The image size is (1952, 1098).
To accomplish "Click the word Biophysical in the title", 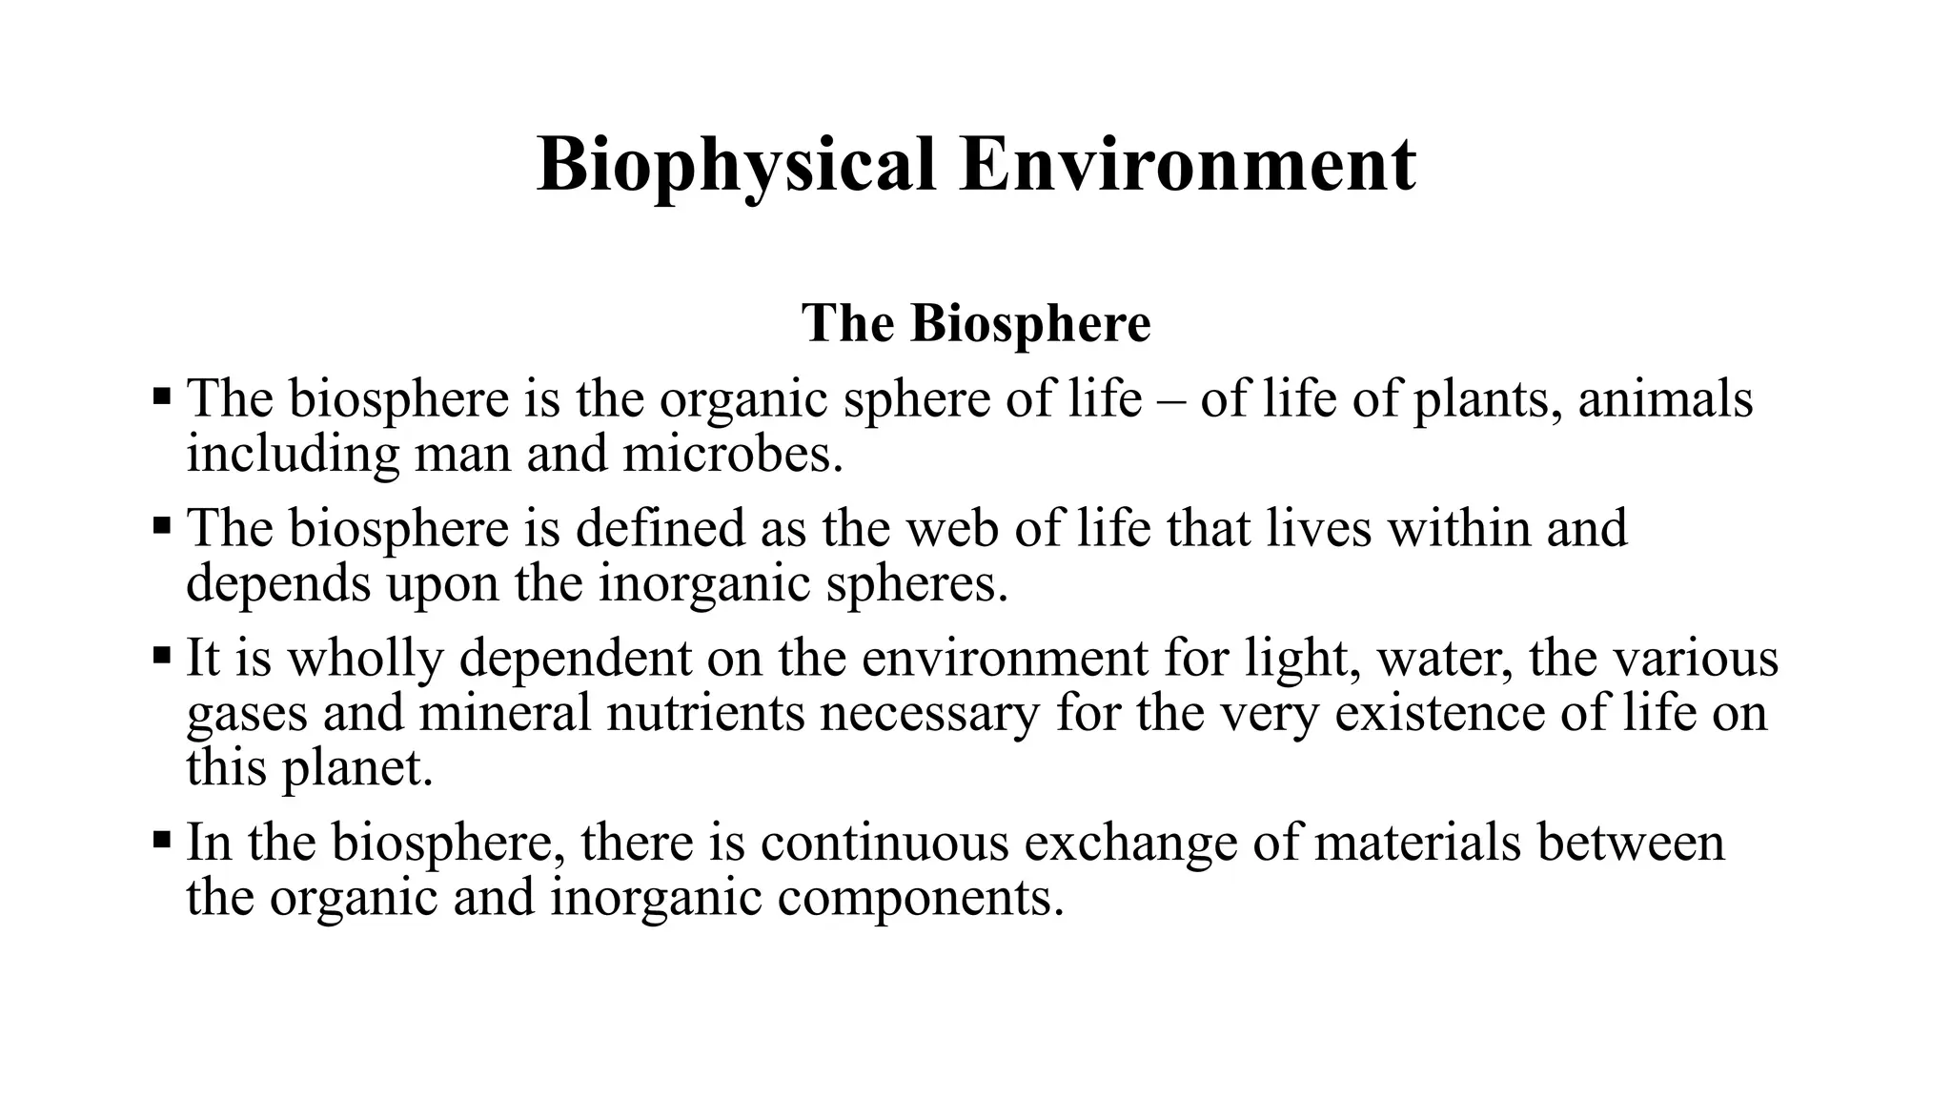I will (736, 167).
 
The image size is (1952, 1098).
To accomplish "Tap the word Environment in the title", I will (1188, 165).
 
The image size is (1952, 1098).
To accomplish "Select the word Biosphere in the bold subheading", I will (1030, 323).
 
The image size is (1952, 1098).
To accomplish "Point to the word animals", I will (1665, 398).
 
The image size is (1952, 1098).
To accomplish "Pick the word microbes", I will (733, 454).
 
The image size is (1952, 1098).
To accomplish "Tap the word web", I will (953, 528).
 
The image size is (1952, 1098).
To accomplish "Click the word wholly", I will (365, 659).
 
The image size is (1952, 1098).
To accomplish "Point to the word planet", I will (357, 768).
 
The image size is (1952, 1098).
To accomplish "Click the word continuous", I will (884, 843).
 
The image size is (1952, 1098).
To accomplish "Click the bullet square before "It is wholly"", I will (161, 656).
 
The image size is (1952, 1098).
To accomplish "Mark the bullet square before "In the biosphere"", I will (161, 840).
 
